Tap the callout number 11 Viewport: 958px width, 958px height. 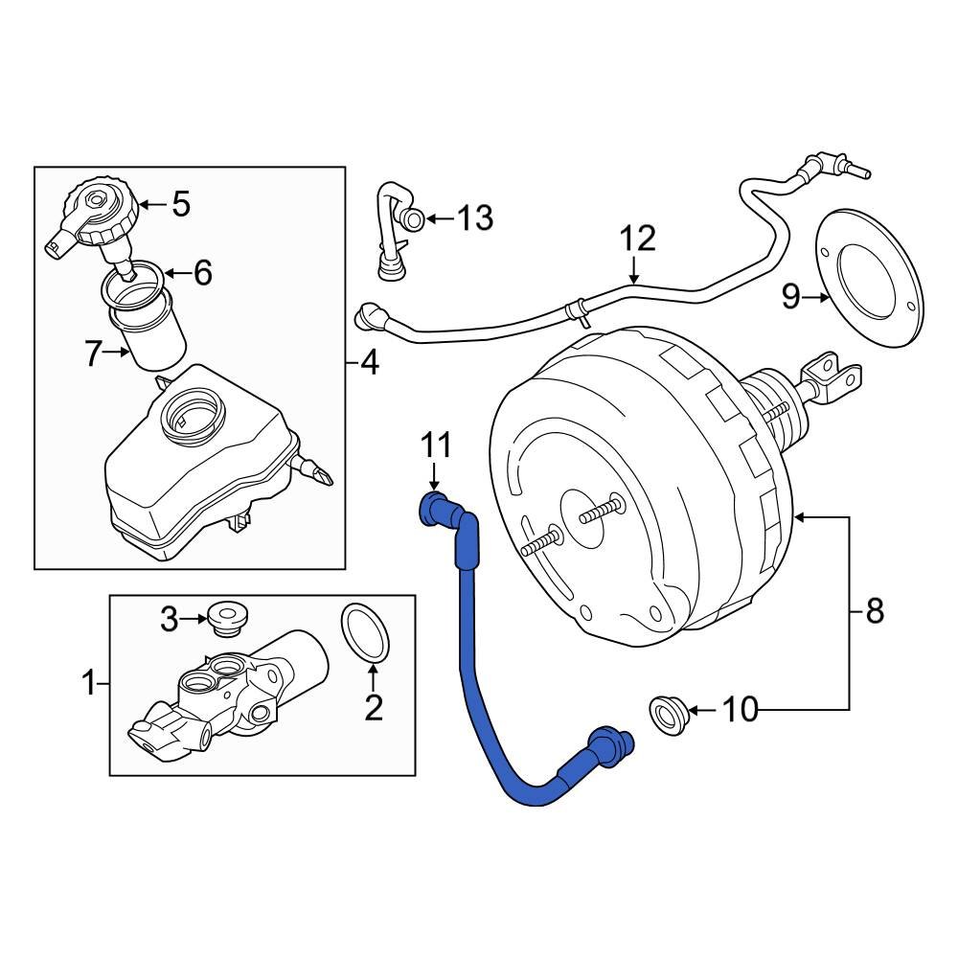pyautogui.click(x=436, y=446)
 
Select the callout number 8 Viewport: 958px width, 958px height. pyautogui.click(x=874, y=610)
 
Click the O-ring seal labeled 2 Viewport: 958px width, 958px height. pyautogui.click(x=363, y=633)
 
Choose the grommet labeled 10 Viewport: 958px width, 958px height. pyautogui.click(x=667, y=715)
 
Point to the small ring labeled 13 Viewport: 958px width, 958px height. pyautogui.click(x=413, y=219)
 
